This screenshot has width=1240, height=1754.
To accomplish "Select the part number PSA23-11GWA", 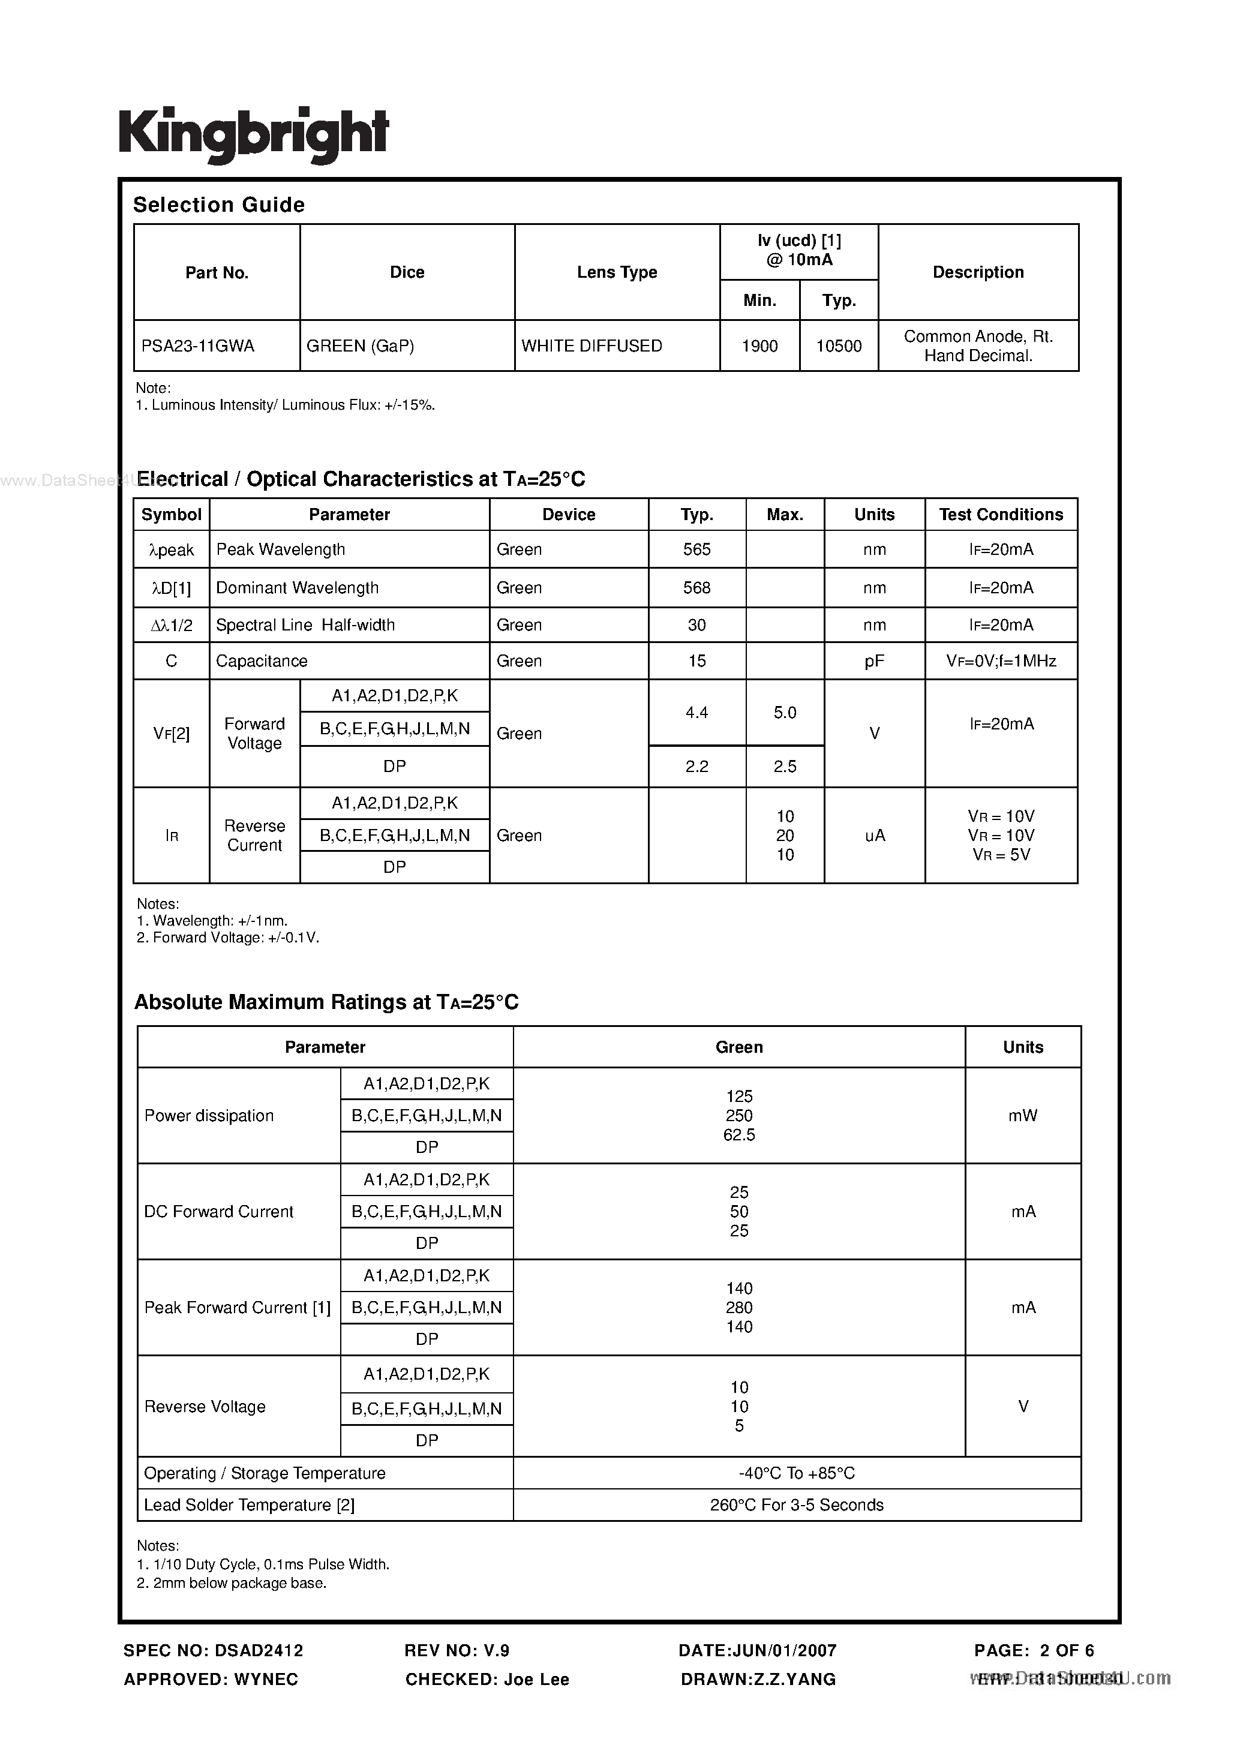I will tap(198, 346).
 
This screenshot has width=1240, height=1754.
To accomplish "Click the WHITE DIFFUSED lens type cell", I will tap(592, 346).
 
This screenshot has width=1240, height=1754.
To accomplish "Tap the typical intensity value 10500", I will tap(838, 346).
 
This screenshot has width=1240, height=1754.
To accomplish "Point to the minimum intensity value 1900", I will tap(759, 346).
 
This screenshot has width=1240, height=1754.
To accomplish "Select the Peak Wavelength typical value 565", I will tap(696, 549).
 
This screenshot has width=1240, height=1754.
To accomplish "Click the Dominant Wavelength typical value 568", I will tap(696, 587).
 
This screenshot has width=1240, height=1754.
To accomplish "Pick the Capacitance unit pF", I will tap(874, 661).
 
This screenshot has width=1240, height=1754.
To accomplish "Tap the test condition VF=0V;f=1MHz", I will tap(1001, 661).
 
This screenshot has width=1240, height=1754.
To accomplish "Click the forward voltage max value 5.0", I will tap(785, 713).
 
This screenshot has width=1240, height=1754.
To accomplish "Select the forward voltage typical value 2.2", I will tap(696, 766).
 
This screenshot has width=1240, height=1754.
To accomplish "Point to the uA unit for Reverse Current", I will tap(874, 836).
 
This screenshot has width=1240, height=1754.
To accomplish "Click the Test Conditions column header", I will tap(1001, 515).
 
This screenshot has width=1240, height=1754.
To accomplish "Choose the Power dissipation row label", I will tap(209, 1115).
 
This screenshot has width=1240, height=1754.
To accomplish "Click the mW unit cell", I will tap(1022, 1115).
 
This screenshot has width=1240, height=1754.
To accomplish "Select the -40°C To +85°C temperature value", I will tap(796, 1473).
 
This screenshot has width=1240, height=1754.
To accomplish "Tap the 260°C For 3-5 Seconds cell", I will tap(796, 1505).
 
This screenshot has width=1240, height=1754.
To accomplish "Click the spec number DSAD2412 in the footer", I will tap(259, 1650).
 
